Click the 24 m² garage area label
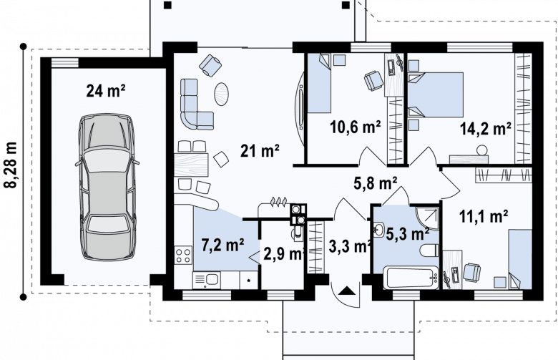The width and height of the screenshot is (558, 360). point(106,91)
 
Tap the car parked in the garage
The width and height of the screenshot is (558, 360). point(107,188)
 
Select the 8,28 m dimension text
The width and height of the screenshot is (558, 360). point(11,165)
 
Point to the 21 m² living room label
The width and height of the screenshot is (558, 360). point(260,150)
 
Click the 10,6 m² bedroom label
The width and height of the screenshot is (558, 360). point(355,127)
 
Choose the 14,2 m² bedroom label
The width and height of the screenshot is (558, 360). point(486,129)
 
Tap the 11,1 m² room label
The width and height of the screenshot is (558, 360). point(484,216)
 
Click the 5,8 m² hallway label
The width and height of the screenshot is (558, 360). point(376,183)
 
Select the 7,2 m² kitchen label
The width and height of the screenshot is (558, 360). point(222,245)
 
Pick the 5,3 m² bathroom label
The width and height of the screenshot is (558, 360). point(408,234)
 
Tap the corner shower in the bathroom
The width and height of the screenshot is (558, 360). point(427,218)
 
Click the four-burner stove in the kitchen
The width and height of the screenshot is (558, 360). point(183,256)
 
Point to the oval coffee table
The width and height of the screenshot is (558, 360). point(221,94)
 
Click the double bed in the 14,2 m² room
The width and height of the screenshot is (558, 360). point(436,94)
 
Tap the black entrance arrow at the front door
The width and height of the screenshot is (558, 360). point(347,291)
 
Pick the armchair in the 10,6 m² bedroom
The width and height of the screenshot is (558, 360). point(373,80)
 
